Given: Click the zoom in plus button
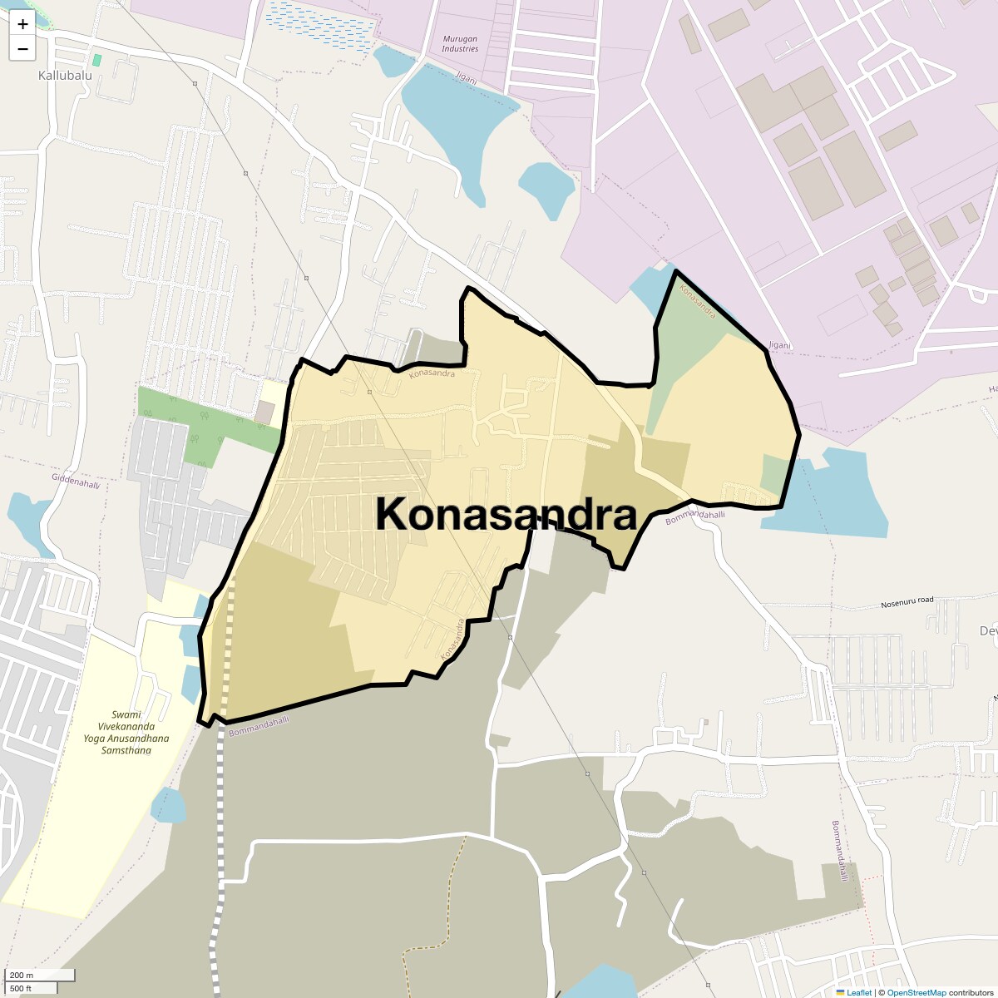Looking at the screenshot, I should pos(22,24).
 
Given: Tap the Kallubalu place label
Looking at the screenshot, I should pos(65,75).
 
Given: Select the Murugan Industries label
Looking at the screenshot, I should pos(460,44).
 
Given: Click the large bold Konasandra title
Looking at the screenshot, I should pos(506,515).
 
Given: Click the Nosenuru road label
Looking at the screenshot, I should pos(907,601).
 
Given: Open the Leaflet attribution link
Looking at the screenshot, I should pos(858,992).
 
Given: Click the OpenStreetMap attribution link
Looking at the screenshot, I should pos(916,992).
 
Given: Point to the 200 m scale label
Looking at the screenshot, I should pos(22,976).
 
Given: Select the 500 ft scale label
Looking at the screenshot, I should pos(21,988).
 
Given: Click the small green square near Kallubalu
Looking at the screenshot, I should pos(97,60).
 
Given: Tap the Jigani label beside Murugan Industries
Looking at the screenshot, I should pos(467,78).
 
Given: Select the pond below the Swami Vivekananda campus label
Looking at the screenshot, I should pos(169,804).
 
